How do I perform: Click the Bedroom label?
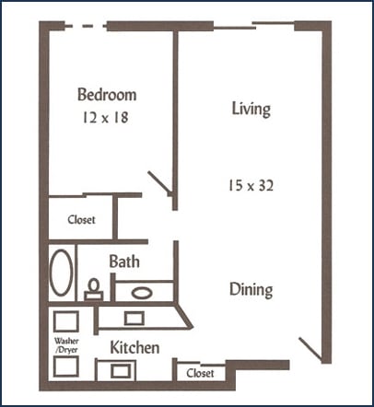(107, 95)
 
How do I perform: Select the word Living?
(251, 109)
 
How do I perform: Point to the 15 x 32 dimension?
(251, 184)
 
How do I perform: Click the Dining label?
(251, 289)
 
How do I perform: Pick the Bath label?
(124, 262)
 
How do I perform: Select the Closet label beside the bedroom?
(81, 220)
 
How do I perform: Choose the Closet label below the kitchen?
(200, 373)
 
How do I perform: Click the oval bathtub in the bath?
(61, 273)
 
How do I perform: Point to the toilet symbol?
(93, 290)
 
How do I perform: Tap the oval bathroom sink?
(142, 293)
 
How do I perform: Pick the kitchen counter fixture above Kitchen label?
(133, 318)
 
